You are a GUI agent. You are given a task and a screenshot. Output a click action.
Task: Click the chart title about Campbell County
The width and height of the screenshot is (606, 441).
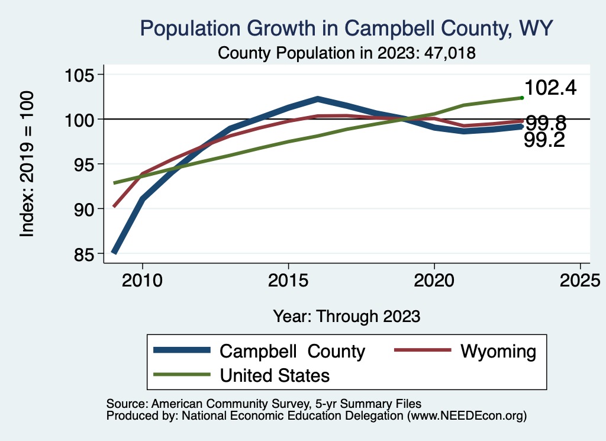346,28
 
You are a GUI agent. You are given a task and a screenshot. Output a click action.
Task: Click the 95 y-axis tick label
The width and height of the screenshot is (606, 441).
83,165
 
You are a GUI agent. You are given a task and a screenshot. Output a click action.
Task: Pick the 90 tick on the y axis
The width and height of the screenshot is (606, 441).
83,210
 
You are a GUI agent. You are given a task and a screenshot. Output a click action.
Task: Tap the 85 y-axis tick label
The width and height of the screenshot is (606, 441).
83,255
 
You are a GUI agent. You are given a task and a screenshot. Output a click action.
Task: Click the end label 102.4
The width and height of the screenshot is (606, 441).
550,88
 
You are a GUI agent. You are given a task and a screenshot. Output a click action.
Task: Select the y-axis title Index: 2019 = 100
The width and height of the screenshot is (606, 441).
27,165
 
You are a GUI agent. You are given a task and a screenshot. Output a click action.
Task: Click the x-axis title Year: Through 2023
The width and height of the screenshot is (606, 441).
347,316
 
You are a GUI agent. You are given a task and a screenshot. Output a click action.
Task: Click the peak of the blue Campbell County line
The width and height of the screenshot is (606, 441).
318,99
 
